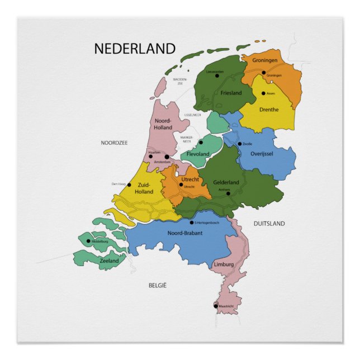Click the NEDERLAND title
135,49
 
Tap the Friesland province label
231,93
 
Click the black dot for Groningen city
264,73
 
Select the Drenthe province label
269,110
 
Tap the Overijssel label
262,154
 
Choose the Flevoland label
198,154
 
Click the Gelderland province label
226,182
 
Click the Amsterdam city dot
167,157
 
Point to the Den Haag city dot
129,184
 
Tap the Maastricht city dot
216,306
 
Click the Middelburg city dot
88,241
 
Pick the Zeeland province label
109,260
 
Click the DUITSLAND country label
269,224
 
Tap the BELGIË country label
158,286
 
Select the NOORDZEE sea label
114,143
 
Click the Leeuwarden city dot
217,75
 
